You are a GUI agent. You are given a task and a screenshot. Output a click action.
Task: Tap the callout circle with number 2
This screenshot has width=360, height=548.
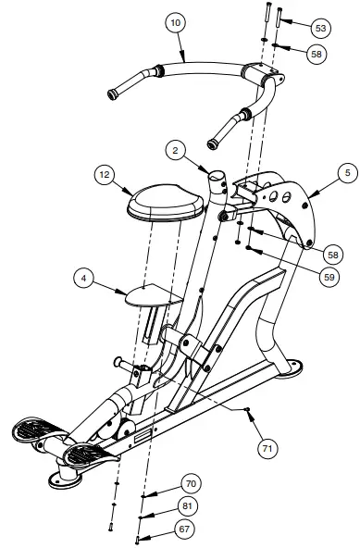tap(177, 150)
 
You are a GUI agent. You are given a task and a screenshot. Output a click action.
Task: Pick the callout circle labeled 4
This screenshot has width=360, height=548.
tap(84, 279)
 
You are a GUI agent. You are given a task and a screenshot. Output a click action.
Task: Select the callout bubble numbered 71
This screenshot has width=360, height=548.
tap(267, 447)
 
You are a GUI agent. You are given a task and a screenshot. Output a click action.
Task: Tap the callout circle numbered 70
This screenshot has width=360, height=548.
tap(192, 483)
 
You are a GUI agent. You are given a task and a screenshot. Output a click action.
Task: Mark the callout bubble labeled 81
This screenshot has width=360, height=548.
tap(188, 507)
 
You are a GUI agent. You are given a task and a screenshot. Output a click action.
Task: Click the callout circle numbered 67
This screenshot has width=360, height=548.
tap(186, 529)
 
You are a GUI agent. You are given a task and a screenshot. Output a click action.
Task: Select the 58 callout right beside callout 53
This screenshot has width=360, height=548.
tap(317, 55)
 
